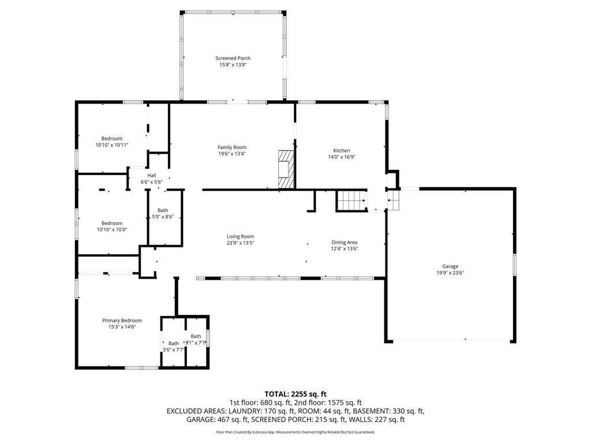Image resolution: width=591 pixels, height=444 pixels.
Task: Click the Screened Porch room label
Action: [x=233, y=58]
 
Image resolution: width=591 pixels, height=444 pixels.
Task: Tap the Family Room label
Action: [x=232, y=147]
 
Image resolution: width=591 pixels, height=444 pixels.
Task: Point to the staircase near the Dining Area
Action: [x=351, y=201]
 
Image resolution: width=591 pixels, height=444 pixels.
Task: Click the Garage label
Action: [x=450, y=267]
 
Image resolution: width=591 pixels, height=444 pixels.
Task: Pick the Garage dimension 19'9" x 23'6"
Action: [x=450, y=273]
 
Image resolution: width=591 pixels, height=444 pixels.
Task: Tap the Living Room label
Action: [x=240, y=236]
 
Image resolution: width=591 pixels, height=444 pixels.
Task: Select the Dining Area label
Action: [x=345, y=242]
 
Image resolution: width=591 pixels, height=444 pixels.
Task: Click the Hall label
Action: [x=152, y=175]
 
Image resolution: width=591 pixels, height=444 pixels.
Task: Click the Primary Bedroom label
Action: [x=122, y=320]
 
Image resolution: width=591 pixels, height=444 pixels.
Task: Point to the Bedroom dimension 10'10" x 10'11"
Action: [x=112, y=145]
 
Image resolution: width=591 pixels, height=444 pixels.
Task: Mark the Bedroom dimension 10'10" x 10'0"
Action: [x=112, y=230]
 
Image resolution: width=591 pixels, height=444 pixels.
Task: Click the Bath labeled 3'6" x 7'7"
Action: [x=173, y=346]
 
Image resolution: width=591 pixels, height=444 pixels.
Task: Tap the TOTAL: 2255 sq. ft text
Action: [x=295, y=394]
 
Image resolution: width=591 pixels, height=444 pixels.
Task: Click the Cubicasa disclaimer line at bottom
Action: [x=295, y=432]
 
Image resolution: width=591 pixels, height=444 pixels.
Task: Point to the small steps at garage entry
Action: [x=394, y=201]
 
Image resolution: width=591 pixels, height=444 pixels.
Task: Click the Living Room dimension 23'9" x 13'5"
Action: [x=240, y=243]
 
